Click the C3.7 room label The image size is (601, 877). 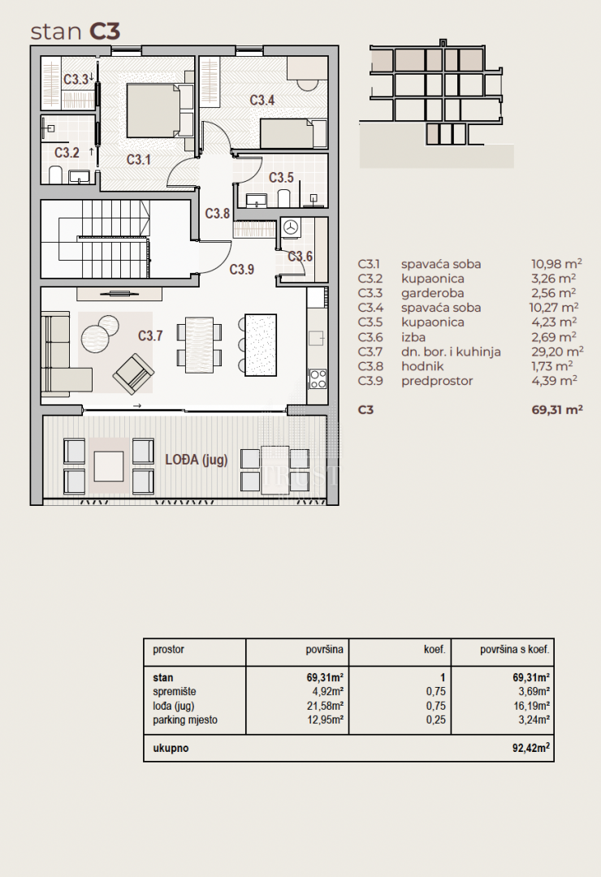150,335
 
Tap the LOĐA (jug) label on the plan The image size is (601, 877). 196,460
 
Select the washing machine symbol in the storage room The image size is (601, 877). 290,227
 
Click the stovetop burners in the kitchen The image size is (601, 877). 318,378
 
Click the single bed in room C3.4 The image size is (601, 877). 293,133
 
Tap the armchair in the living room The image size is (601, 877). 133,374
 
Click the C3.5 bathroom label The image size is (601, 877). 281,178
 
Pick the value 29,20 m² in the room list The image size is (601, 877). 557,351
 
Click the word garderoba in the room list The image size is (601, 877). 432,293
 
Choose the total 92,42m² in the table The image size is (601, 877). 531,748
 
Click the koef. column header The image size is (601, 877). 435,650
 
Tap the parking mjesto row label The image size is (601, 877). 185,719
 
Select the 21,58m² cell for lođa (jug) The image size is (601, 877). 325,706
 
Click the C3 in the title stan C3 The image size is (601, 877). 106,32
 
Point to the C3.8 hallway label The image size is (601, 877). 217,213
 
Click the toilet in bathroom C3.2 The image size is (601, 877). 56,175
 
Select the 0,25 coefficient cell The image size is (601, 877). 436,719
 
